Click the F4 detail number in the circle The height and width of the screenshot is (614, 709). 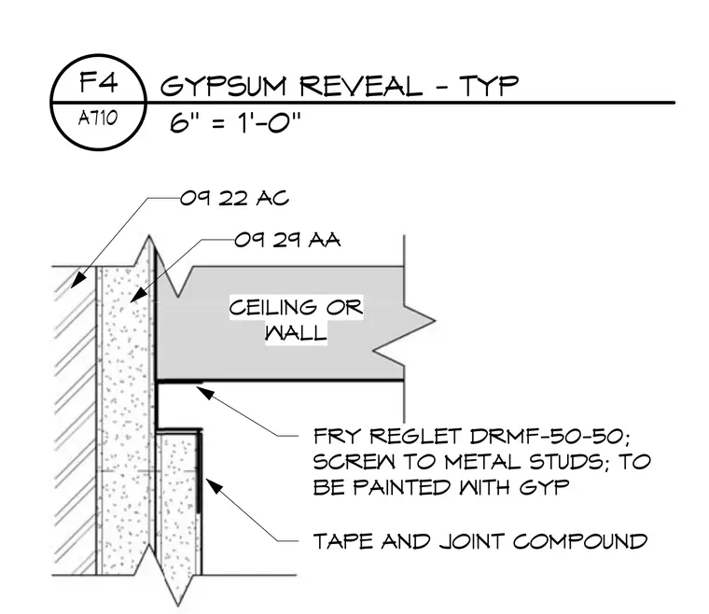[x=99, y=82]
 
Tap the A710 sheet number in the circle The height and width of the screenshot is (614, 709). [x=98, y=119]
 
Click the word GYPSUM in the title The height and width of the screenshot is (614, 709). [x=224, y=86]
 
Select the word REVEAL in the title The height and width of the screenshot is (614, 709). [x=361, y=86]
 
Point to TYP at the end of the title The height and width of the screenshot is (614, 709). [x=489, y=86]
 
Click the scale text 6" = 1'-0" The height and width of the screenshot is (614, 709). [x=235, y=121]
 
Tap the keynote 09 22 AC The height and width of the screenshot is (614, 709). [x=234, y=198]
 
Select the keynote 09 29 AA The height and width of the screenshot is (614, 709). [x=287, y=240]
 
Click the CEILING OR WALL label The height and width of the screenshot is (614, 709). [x=296, y=320]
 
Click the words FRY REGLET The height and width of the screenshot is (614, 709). [x=388, y=437]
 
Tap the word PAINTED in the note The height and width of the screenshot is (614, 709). [x=401, y=487]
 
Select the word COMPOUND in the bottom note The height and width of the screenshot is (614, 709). [x=580, y=541]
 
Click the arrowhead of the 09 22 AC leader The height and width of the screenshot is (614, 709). [x=78, y=279]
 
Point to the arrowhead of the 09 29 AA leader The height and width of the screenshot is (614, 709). [x=138, y=294]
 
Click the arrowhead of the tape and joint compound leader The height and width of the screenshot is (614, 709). [x=214, y=486]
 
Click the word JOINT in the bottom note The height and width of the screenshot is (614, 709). [x=472, y=541]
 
